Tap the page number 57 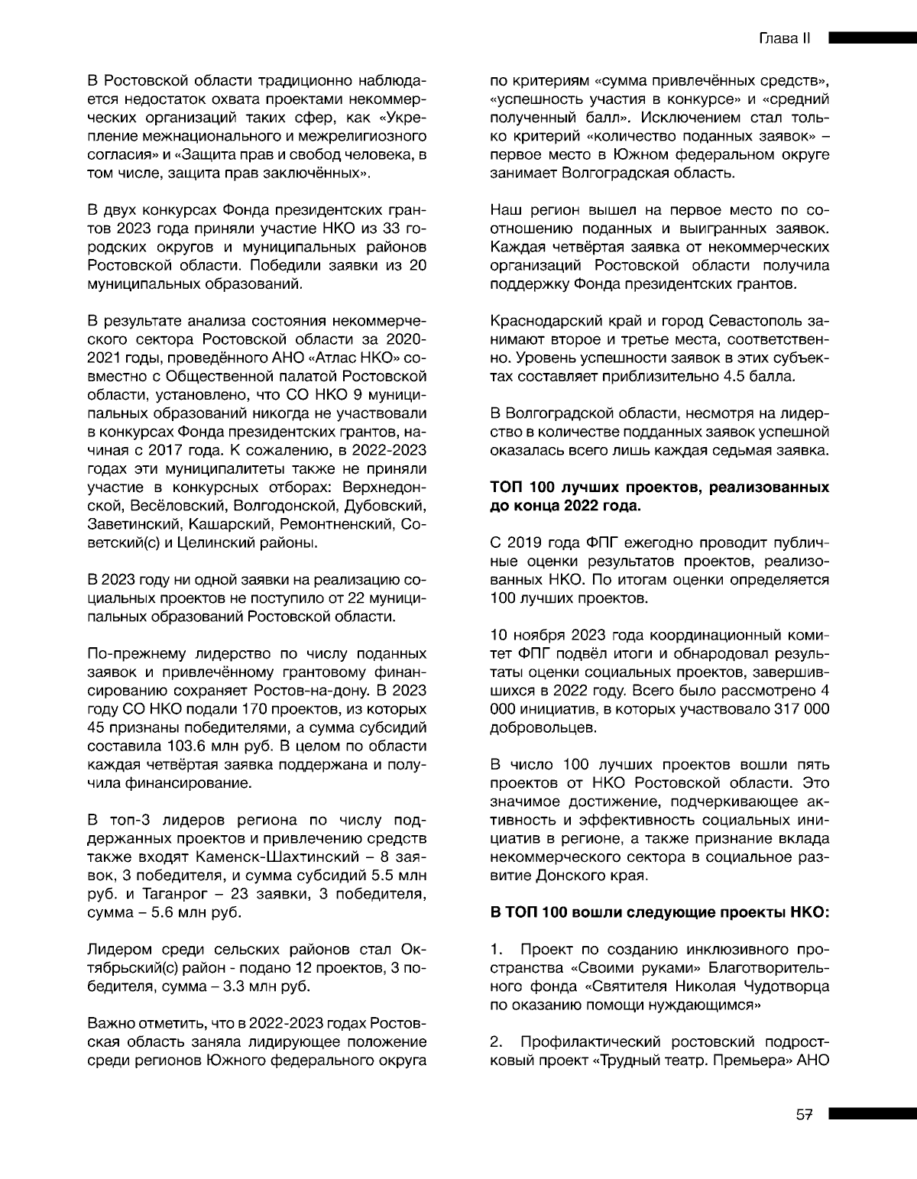803,1115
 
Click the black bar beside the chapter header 872,37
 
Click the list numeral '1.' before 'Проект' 497,951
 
